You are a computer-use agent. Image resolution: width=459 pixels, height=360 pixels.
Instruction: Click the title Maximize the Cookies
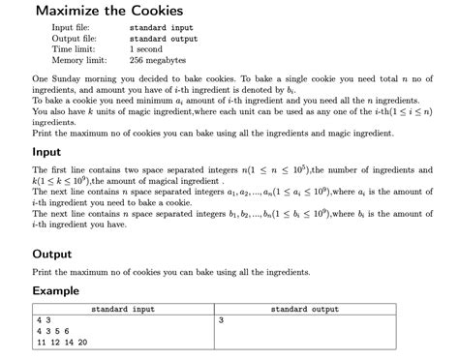point(108,11)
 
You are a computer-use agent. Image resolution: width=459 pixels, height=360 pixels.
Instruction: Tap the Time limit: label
point(73,49)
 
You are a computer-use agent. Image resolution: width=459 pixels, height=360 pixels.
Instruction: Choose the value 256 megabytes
point(159,60)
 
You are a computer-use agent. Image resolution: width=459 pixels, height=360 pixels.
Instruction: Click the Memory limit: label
point(78,60)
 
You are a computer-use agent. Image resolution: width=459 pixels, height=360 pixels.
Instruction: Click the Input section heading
point(46,151)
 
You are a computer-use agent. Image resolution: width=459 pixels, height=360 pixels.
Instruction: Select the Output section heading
point(51,254)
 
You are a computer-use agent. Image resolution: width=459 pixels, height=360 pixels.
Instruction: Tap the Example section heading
point(56,290)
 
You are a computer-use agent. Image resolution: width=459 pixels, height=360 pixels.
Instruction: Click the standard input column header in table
point(123,309)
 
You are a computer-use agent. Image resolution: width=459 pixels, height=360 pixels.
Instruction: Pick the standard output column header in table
point(304,309)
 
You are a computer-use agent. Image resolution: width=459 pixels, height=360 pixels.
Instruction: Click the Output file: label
point(76,39)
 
